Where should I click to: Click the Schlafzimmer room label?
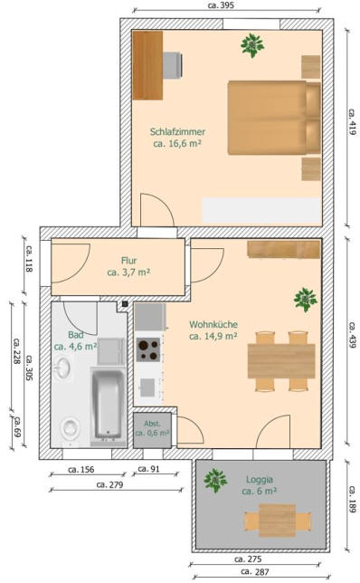177,132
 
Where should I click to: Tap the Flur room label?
129,261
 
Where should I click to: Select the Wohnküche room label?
213,325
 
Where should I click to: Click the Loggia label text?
260,480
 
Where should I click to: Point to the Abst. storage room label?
152,424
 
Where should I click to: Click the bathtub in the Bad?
108,405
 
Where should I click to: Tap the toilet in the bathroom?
71,427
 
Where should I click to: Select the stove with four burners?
148,349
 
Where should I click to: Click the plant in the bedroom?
252,45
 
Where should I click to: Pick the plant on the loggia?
215,481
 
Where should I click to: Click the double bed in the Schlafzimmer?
274,118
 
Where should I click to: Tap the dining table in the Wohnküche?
281,361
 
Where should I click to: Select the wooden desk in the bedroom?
147,65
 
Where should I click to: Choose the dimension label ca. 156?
81,470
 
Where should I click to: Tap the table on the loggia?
277,521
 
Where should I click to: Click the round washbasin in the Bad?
62,368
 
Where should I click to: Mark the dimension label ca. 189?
352,500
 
